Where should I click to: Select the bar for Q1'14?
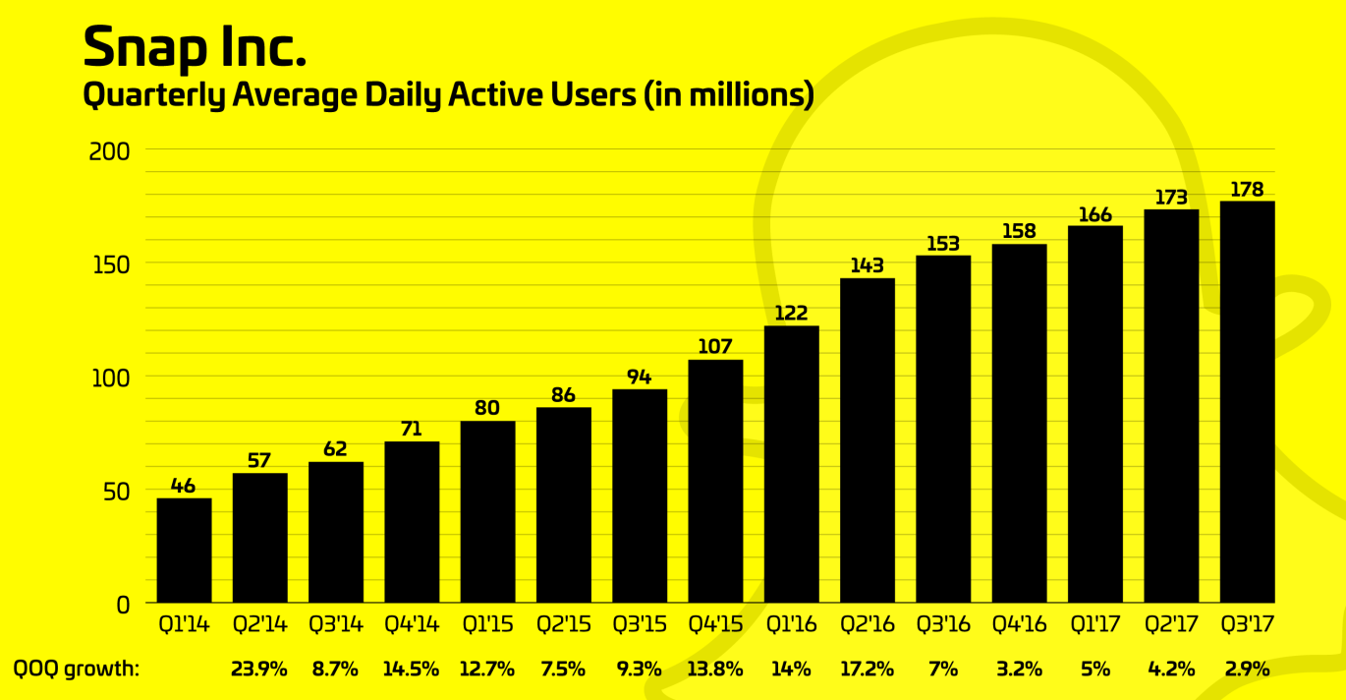[x=184, y=551]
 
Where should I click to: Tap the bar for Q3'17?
[x=1247, y=402]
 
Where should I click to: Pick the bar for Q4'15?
[x=715, y=482]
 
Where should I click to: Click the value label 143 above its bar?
[x=868, y=265]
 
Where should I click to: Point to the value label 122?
[x=791, y=314]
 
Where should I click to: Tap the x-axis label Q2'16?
[x=868, y=624]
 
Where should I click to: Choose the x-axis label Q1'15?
[x=487, y=624]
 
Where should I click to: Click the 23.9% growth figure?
[x=259, y=670]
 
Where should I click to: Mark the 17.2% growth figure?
[x=868, y=670]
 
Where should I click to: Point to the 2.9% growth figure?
[x=1248, y=670]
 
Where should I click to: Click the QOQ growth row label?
[x=76, y=670]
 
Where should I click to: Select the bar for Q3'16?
[x=943, y=430]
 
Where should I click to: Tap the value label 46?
[x=184, y=486]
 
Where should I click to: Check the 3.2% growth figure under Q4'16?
[x=1020, y=670]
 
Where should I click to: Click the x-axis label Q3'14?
[x=335, y=624]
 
